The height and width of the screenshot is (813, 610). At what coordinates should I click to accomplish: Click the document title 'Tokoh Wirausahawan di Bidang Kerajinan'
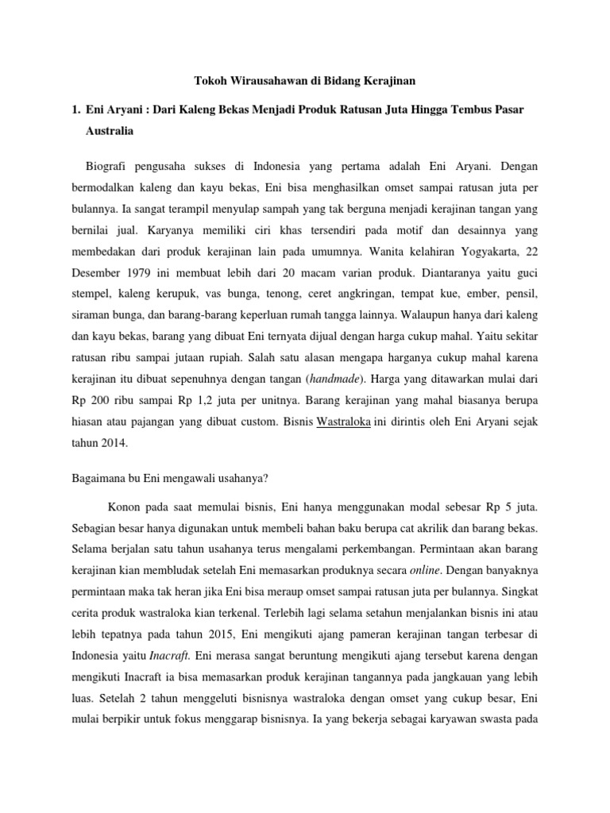tap(304, 81)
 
